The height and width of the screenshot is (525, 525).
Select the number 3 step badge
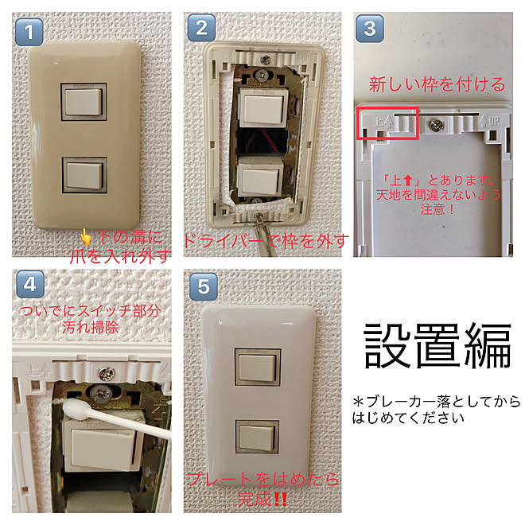pyautogui.click(x=370, y=30)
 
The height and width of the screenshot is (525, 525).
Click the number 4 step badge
pyautogui.click(x=30, y=284)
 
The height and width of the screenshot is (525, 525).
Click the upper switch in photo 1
pyautogui.click(x=83, y=101)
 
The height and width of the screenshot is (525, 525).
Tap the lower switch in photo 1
pyautogui.click(x=83, y=174)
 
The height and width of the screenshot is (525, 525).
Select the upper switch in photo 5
pyautogui.click(x=256, y=364)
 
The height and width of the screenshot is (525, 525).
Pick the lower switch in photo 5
pyautogui.click(x=256, y=437)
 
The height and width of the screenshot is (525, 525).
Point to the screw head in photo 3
pyautogui.click(x=436, y=124)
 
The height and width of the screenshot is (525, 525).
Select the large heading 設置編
pyautogui.click(x=437, y=345)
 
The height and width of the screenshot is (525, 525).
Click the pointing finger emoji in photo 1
pyautogui.click(x=86, y=236)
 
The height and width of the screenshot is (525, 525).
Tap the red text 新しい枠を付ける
pyautogui.click(x=437, y=84)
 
